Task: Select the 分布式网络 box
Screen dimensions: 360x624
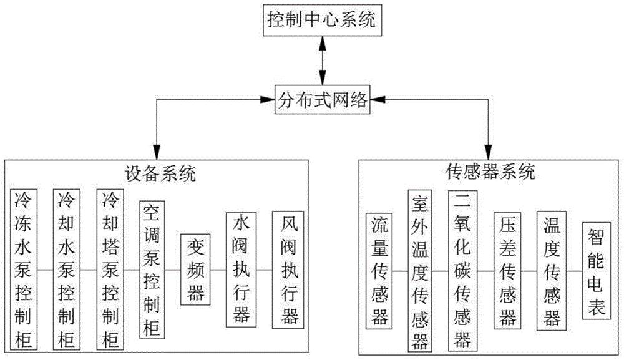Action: [x=322, y=99]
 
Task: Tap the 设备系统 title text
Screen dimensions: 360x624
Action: [x=158, y=173]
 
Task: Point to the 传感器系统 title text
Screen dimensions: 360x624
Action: [x=492, y=172]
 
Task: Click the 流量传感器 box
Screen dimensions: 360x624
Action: [x=379, y=270]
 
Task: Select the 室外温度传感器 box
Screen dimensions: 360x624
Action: [x=420, y=270]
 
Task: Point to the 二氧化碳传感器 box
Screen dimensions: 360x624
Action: [x=463, y=270]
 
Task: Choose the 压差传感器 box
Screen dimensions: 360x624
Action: [x=507, y=270]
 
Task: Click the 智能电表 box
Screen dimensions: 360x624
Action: [x=595, y=270]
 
